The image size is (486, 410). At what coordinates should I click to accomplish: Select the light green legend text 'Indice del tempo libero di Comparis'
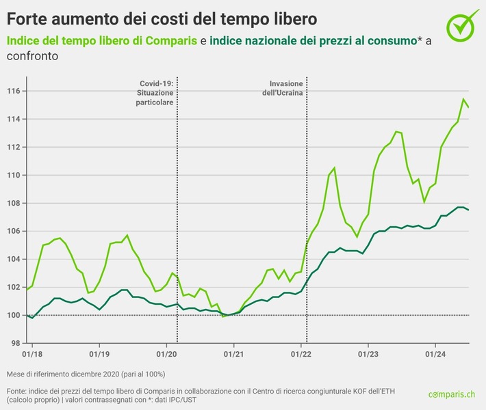[102, 42]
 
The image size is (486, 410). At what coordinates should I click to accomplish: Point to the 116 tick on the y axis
[15, 91]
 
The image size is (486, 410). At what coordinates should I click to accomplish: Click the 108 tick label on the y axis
[15, 203]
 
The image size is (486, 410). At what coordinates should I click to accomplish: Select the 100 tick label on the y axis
[15, 315]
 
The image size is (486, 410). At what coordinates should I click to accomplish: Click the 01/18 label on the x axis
[31, 354]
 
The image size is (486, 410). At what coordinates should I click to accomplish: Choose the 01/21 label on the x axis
[233, 354]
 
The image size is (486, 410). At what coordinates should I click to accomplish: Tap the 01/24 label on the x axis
[435, 354]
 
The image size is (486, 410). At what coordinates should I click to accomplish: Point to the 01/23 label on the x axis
[368, 354]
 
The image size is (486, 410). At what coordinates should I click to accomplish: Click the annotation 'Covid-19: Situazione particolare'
[155, 92]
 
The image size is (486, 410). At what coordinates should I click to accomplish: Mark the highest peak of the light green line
[463, 99]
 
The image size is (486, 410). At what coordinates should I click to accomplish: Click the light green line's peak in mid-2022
[334, 167]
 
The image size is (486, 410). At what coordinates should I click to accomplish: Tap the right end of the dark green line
[469, 210]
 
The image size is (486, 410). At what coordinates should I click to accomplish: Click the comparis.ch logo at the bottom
[452, 394]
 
